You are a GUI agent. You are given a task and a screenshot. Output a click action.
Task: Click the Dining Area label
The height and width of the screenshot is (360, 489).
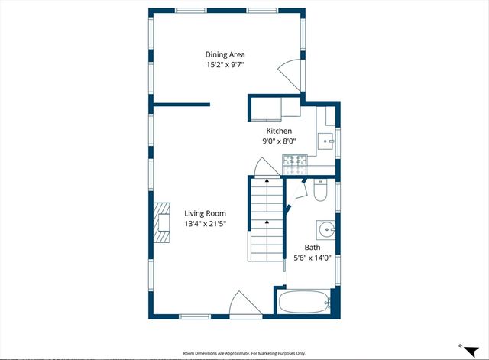(225, 54)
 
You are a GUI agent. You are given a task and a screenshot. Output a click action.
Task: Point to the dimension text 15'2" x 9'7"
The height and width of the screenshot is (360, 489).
(225, 65)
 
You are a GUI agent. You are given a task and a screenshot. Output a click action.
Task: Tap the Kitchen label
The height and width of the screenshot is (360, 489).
(279, 131)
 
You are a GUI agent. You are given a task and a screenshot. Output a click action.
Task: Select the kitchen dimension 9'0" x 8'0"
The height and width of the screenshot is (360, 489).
(279, 141)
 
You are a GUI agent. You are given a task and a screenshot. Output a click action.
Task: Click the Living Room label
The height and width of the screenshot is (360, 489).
(205, 213)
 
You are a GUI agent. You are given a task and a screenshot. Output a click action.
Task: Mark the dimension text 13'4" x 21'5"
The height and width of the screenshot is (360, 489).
(205, 224)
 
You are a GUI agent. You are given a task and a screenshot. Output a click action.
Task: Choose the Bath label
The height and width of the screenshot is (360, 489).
(313, 248)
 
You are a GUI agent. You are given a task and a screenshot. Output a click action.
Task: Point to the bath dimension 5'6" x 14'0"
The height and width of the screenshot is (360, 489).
(313, 258)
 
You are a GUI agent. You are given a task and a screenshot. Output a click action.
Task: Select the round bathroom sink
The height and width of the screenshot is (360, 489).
(325, 229)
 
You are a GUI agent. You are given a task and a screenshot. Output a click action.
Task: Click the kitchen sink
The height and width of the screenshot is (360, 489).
(326, 141)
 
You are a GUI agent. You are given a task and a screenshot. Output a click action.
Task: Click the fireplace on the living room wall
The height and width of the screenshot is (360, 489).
(160, 222)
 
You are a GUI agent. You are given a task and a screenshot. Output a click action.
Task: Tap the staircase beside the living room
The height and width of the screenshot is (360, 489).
(266, 222)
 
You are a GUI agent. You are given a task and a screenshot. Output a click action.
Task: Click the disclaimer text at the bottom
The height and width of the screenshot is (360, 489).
(244, 353)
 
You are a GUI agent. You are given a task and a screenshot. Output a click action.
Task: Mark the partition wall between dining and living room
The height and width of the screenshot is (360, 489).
(181, 104)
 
